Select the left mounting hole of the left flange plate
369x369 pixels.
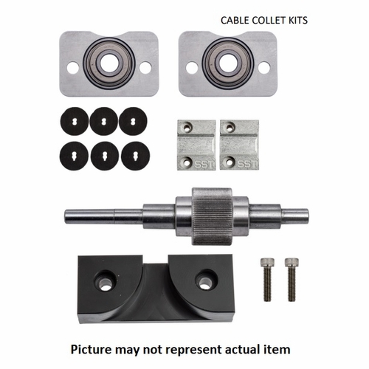72,67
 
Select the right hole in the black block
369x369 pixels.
204,280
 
